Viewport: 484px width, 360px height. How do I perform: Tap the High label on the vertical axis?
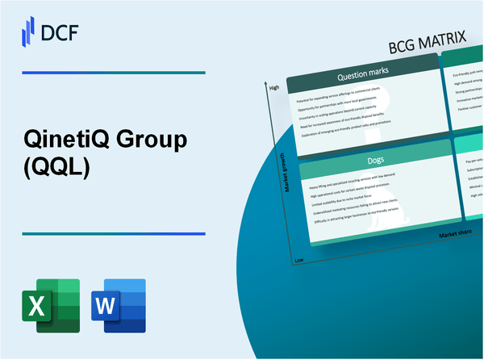(274, 87)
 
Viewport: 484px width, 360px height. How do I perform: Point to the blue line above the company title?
(113, 73)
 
